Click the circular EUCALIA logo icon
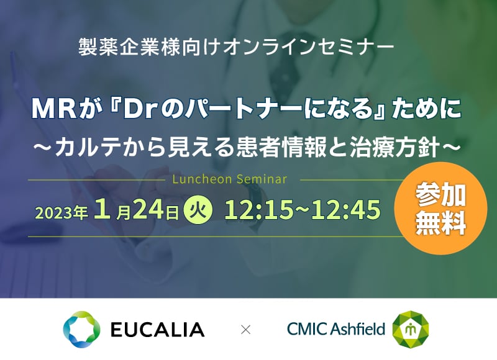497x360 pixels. [82, 330]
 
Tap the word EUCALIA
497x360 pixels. [158, 330]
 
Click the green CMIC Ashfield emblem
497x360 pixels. [411, 330]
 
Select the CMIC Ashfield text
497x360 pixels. [336, 328]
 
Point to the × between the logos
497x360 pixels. [245, 330]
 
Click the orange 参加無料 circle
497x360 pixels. [440, 209]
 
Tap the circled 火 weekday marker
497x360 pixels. [198, 210]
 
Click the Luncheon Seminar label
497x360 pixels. [230, 179]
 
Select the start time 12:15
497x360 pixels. [258, 210]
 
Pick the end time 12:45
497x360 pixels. [346, 210]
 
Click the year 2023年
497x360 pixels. [62, 212]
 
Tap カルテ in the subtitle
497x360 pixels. [88, 148]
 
